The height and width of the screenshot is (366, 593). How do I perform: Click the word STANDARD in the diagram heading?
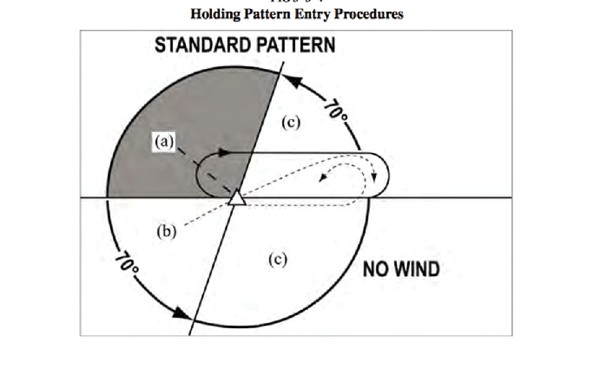[203, 45]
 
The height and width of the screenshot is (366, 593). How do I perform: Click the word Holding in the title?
[215, 14]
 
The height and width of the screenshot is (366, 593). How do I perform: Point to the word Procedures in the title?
[369, 14]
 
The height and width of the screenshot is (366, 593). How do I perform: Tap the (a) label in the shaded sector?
[164, 142]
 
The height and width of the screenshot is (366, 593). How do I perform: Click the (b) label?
[166, 231]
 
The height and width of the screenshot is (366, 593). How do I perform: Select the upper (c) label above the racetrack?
[291, 122]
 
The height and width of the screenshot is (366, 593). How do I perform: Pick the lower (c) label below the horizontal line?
[278, 260]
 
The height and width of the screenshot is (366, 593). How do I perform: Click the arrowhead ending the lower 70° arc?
[181, 313]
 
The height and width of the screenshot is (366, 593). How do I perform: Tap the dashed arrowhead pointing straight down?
[374, 177]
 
